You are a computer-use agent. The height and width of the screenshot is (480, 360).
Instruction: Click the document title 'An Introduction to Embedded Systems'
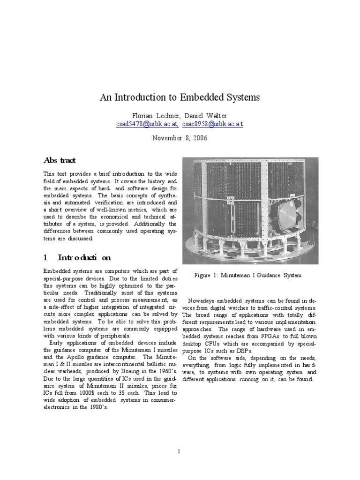[x=180, y=98]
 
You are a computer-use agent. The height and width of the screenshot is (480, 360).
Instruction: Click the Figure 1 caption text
[x=247, y=275]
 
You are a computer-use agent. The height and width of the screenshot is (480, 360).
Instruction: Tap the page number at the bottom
[x=180, y=438]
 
